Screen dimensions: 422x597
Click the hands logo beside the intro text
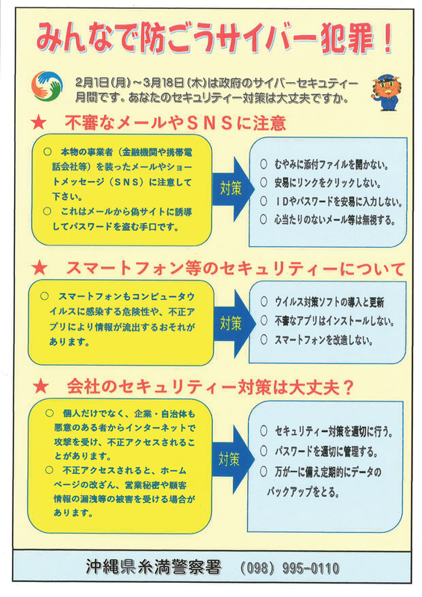[46, 86]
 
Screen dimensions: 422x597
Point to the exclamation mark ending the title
[388, 38]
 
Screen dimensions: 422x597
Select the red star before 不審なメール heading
[39, 123]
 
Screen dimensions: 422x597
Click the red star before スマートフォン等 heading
[40, 268]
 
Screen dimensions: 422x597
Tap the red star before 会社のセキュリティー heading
[41, 387]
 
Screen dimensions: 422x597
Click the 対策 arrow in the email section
[232, 189]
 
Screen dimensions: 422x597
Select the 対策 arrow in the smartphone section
[234, 323]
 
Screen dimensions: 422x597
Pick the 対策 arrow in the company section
[232, 459]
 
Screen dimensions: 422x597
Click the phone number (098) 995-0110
[290, 569]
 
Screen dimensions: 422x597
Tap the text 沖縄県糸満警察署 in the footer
[154, 567]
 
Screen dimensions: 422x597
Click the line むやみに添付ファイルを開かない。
[332, 164]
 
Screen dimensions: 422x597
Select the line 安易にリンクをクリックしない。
[327, 183]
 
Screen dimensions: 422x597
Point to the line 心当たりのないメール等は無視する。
[335, 219]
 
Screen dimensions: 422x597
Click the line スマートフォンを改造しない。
[323, 340]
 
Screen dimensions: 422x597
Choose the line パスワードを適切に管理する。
[326, 451]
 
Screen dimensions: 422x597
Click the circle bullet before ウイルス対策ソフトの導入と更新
[264, 302]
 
